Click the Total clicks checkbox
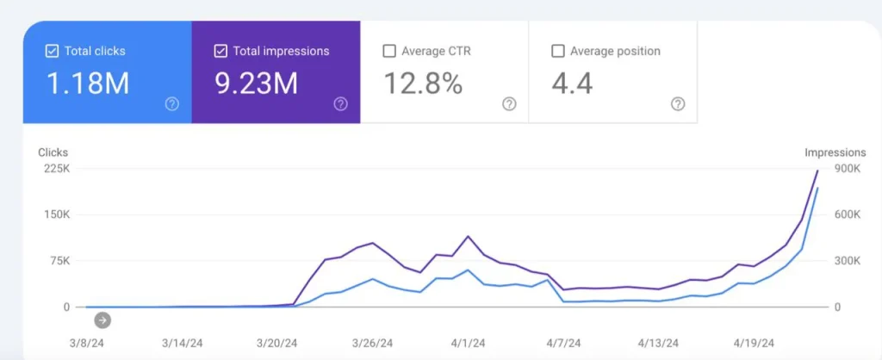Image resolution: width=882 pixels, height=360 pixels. tap(52, 52)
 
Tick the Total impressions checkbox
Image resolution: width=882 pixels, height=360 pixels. tap(220, 52)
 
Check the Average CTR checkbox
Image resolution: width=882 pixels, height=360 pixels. tap(388, 52)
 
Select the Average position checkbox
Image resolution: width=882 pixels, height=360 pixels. tap(557, 52)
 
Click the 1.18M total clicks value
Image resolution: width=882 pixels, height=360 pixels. tap(87, 84)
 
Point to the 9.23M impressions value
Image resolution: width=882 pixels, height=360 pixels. tap(256, 84)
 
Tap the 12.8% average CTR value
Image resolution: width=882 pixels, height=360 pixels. tap(422, 84)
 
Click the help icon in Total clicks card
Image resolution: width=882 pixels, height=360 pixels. tap(171, 104)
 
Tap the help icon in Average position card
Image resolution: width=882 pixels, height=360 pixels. tap(678, 104)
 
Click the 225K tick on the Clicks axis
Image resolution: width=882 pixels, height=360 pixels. tap(56, 169)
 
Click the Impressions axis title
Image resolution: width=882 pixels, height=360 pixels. tap(835, 152)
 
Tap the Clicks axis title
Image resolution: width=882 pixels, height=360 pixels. tap(53, 152)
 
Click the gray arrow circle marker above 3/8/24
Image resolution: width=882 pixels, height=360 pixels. tap(102, 320)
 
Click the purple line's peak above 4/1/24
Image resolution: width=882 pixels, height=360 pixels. tap(468, 236)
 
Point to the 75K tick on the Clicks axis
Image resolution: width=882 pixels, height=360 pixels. tap(58, 261)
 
